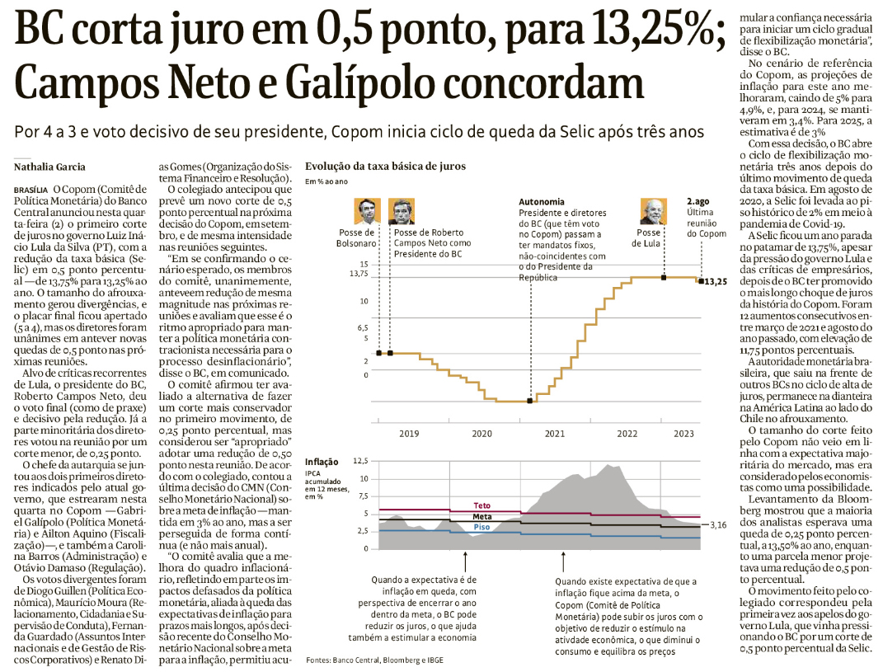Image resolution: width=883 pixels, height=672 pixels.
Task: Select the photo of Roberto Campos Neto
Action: click(402, 212)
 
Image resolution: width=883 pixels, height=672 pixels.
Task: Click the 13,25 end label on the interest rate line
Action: click(716, 282)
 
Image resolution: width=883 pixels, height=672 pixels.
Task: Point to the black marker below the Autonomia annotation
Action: click(528, 401)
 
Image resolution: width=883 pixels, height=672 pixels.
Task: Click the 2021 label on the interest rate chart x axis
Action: click(555, 433)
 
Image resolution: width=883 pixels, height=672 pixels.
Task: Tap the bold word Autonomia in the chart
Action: click(542, 202)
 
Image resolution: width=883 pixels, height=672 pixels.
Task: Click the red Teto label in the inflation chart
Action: click(482, 505)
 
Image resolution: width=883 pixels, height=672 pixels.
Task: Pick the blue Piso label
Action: click(482, 527)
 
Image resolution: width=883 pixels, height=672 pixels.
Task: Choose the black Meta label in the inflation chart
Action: click(482, 516)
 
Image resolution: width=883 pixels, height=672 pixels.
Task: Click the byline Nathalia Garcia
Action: click(49, 167)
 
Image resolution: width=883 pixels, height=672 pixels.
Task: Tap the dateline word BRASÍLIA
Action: click(31, 189)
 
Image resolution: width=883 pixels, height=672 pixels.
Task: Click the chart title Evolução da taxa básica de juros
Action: click(385, 166)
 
